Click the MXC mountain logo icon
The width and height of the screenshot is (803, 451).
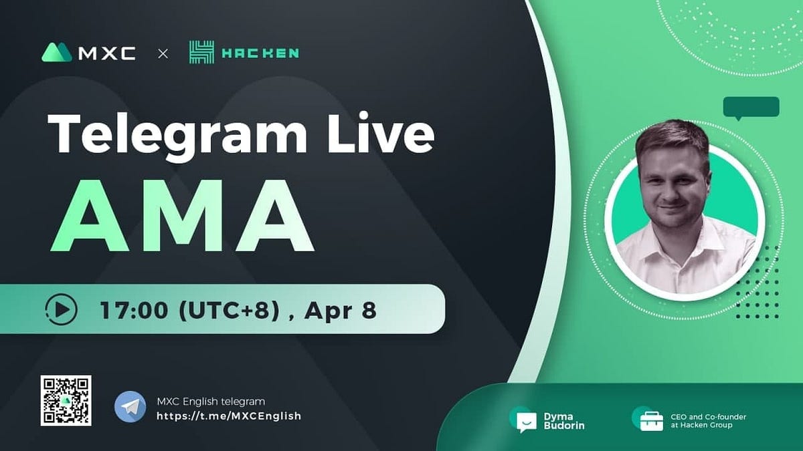coord(57,52)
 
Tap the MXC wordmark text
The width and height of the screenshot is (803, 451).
coord(107,53)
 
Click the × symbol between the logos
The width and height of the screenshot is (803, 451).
coord(163,53)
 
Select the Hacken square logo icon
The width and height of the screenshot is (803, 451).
coord(201,53)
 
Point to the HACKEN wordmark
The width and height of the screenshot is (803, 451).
coord(260,53)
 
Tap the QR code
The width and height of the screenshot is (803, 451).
coord(66,400)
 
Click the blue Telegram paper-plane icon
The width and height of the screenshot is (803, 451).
coord(130,407)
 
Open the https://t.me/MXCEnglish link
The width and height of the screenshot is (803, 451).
coord(228,416)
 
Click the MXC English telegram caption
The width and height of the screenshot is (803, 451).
coord(211,401)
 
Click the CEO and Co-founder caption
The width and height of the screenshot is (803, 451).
coord(708,421)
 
